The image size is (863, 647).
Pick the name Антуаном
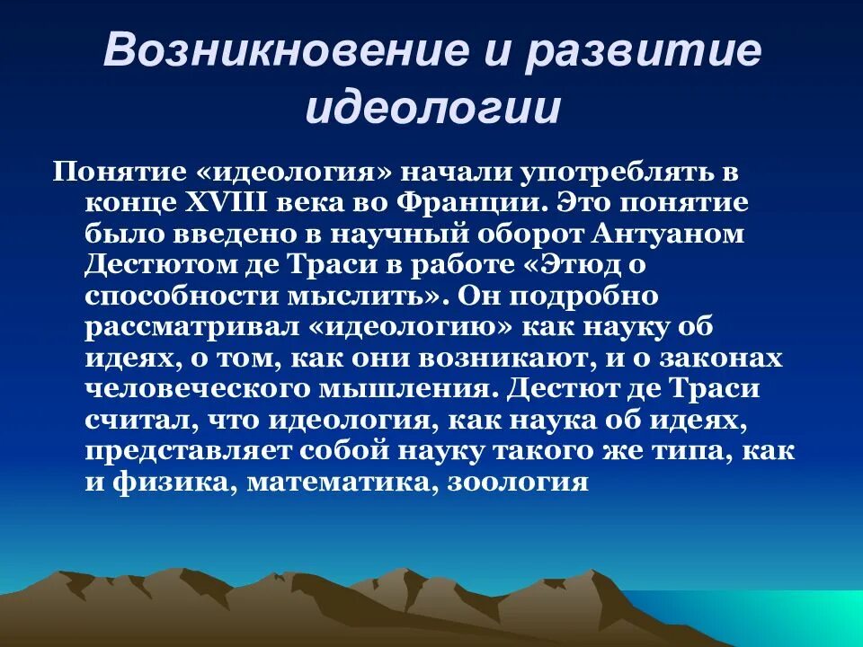pyautogui.click(x=670, y=233)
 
